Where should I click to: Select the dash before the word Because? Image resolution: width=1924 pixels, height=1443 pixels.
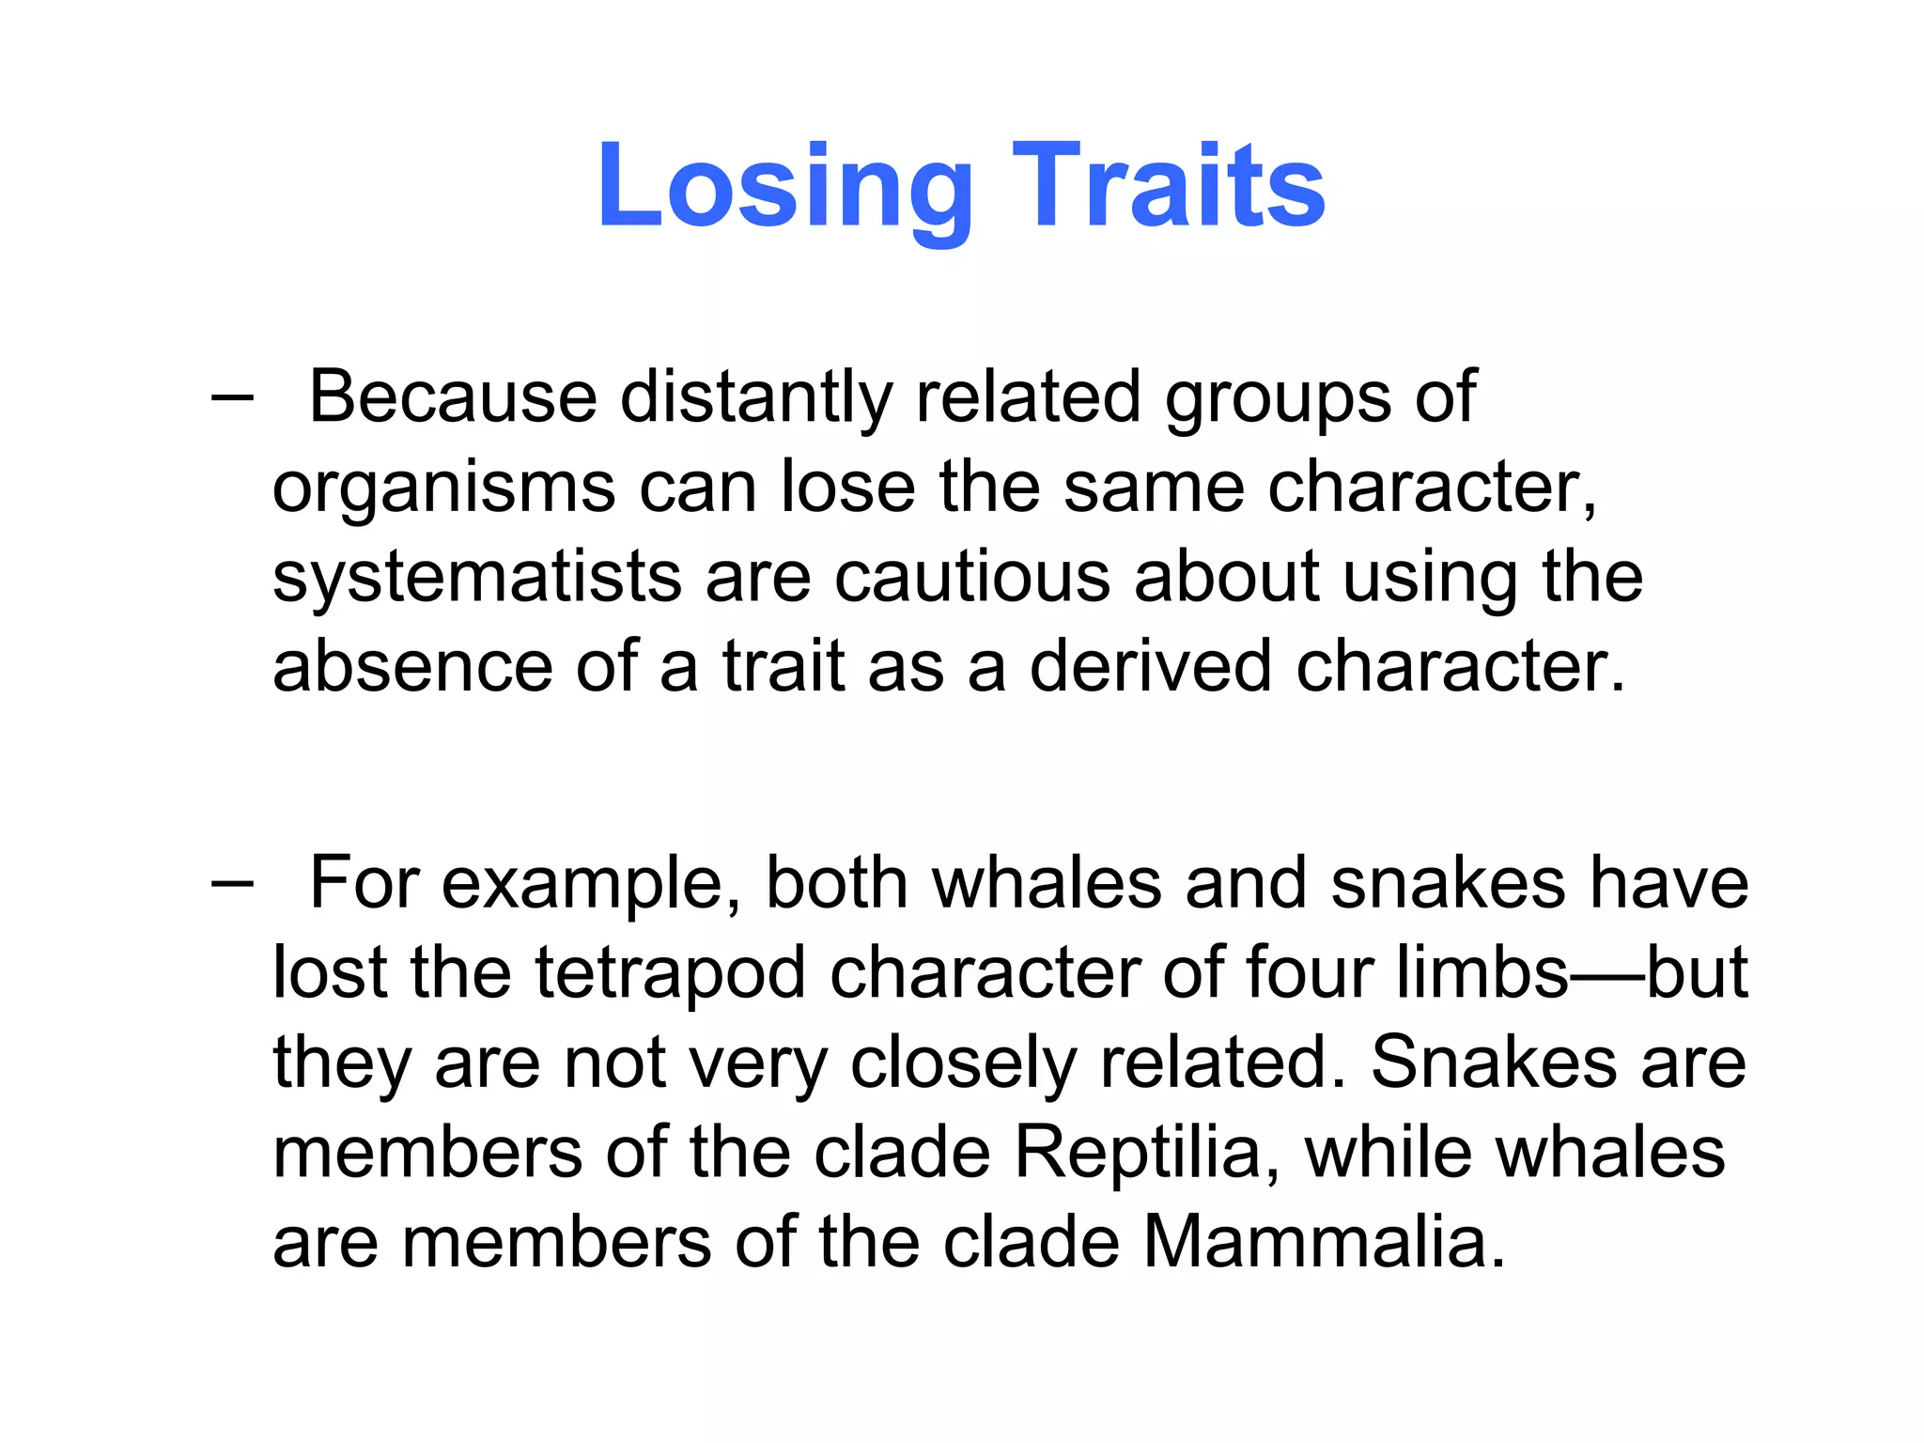pyautogui.click(x=232, y=398)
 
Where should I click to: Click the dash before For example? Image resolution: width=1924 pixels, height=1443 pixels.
pyautogui.click(x=232, y=884)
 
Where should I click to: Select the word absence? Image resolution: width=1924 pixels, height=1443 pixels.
pyautogui.click(x=411, y=666)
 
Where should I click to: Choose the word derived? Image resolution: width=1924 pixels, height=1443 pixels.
pyautogui.click(x=1150, y=666)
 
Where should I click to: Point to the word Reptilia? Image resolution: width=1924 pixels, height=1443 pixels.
pyautogui.click(x=1147, y=1153)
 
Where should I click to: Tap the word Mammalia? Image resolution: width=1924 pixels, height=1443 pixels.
pyautogui.click(x=1324, y=1243)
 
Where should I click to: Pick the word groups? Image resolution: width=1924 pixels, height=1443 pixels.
pyautogui.click(x=1278, y=398)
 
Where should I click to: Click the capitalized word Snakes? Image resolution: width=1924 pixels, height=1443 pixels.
pyautogui.click(x=1494, y=1063)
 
